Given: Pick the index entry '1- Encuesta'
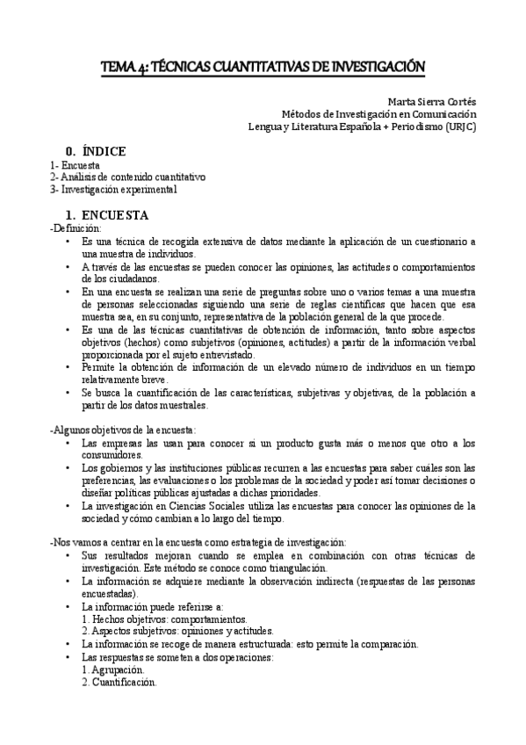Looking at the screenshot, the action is coord(75,165).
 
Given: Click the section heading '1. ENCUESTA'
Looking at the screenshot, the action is coord(107,215).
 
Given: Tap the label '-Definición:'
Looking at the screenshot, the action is coord(76,228).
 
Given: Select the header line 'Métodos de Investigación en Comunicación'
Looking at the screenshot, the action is coord(378,113).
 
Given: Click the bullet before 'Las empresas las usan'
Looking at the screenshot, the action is coord(68,444).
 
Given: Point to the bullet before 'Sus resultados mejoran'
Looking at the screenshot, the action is coord(68,556).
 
